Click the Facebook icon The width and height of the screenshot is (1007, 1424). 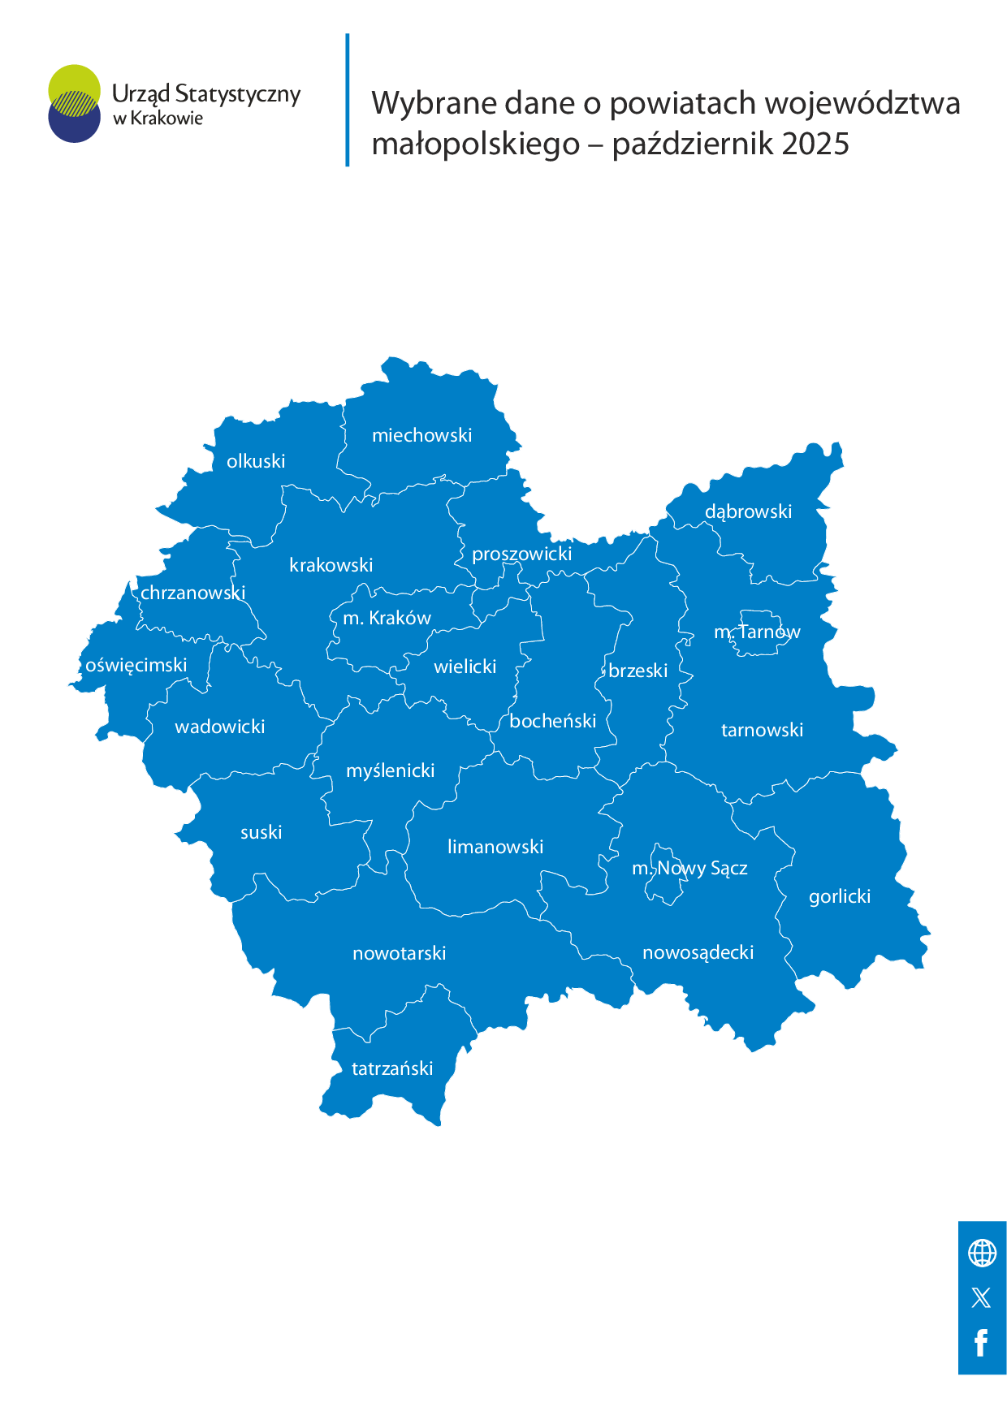tap(981, 1343)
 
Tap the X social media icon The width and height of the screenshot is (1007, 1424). tap(981, 1297)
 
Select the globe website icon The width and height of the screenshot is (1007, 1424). tap(982, 1253)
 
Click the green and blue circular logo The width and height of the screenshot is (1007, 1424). tap(74, 103)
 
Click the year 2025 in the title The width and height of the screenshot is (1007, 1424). tap(815, 144)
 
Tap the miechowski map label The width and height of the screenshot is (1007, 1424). tap(421, 435)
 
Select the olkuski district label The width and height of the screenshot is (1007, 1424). tap(256, 461)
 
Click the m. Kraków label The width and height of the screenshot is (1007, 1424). tap(387, 618)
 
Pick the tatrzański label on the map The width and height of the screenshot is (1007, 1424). tap(392, 1068)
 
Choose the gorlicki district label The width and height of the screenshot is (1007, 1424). tap(840, 896)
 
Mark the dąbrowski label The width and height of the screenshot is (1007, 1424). tap(748, 511)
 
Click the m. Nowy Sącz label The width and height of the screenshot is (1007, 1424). tap(689, 868)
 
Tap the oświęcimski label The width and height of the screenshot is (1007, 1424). tap(136, 665)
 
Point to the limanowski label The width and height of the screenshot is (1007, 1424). tap(495, 847)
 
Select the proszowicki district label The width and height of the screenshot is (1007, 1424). tap(522, 554)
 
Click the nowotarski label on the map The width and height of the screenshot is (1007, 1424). tap(400, 953)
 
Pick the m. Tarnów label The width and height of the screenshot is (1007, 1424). tap(757, 632)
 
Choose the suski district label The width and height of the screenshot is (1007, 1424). tap(261, 832)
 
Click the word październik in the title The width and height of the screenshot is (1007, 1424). tap(687, 144)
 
